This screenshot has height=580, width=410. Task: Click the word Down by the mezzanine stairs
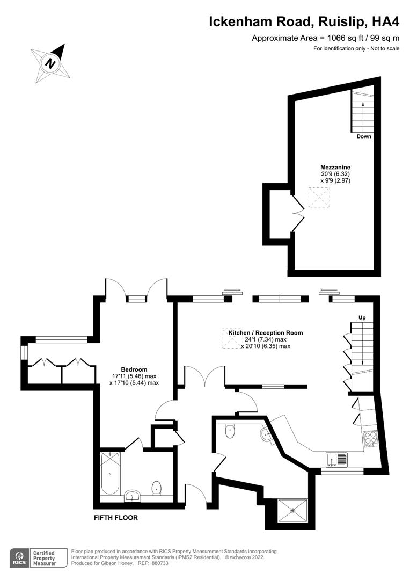[364, 136]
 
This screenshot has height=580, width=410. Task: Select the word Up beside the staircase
[362, 318]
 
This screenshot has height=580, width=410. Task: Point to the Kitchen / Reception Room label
[266, 333]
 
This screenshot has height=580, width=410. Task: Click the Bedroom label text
[134, 369]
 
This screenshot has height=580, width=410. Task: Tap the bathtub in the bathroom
[110, 473]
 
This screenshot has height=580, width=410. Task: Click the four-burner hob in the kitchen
[370, 439]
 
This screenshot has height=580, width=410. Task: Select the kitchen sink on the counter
[337, 460]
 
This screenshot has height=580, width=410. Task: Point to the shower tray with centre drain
[293, 511]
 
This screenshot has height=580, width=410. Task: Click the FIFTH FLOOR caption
[116, 518]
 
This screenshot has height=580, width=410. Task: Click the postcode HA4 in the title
[385, 22]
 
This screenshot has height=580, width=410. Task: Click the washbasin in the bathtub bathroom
[132, 496]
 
